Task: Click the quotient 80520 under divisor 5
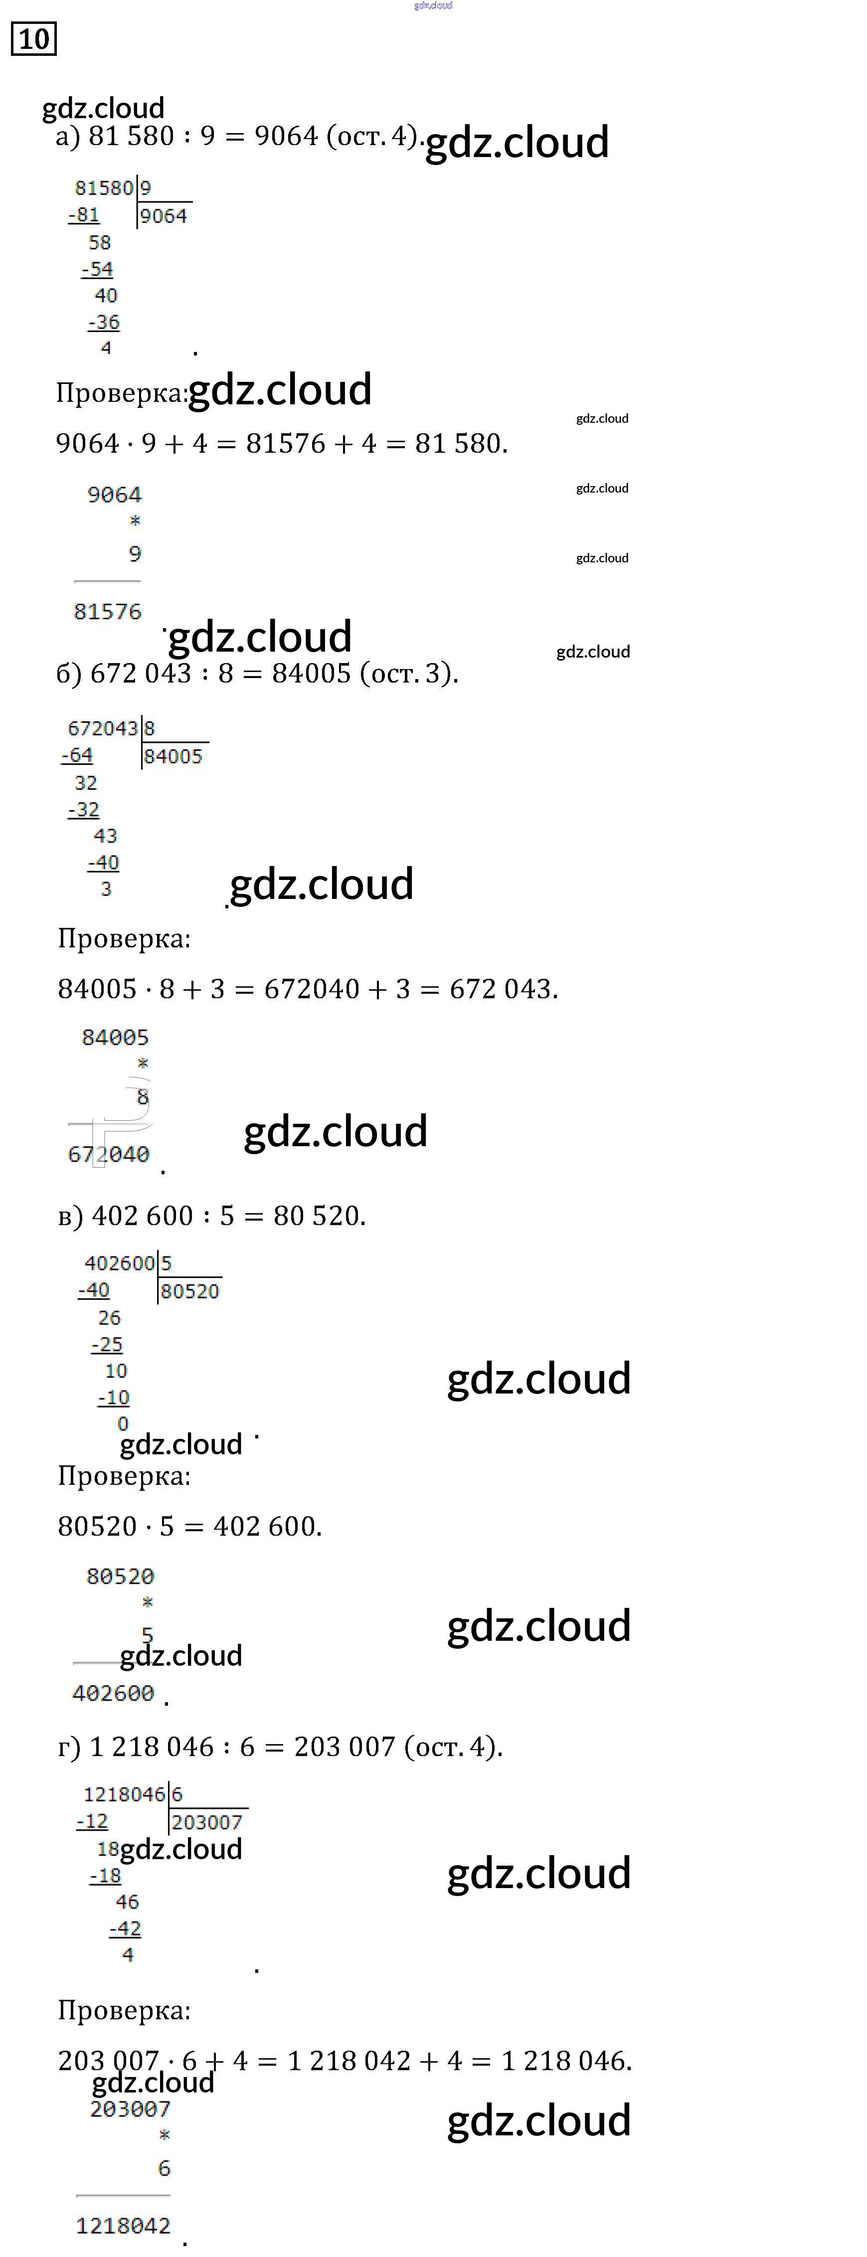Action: (x=190, y=1291)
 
